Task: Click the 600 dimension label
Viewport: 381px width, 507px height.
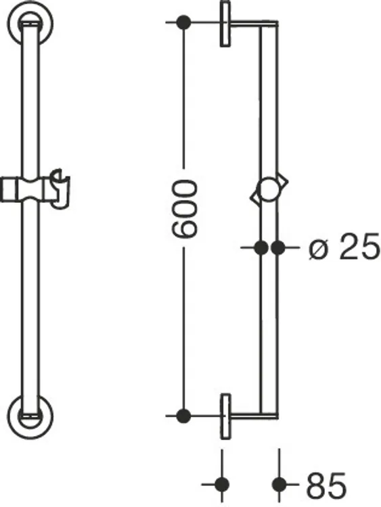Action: (184, 209)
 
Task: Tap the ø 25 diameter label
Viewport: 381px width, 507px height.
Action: (344, 246)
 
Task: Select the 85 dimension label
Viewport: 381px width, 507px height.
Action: (326, 485)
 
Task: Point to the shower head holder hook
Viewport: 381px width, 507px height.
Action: (60, 188)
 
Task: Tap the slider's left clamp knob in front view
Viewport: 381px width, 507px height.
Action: (9, 189)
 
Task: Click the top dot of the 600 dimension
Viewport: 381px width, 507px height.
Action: (184, 22)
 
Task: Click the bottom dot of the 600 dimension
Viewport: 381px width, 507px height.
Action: (184, 416)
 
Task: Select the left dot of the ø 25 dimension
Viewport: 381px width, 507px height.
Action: (261, 248)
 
